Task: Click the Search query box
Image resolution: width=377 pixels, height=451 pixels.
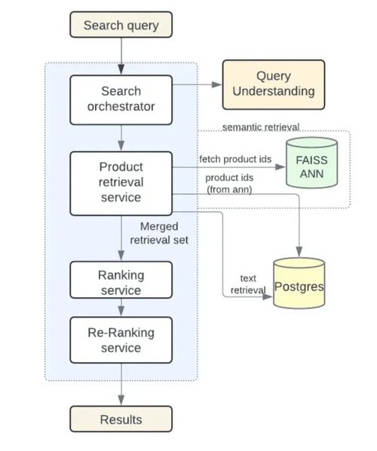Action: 121,25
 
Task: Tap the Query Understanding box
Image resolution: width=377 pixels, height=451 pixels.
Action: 273,84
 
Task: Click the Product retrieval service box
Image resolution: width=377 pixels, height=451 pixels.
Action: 121,183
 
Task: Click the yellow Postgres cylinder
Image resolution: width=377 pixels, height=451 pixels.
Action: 299,284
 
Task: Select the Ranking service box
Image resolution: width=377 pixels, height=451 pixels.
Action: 121,281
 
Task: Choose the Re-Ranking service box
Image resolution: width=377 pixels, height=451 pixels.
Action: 121,339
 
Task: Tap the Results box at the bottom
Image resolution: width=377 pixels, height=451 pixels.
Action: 121,419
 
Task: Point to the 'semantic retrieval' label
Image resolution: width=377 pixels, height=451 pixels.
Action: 260,127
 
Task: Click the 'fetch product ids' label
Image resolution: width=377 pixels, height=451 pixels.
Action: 235,159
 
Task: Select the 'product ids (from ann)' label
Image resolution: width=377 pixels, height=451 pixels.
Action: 230,183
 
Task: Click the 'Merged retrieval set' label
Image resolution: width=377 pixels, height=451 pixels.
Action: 164,233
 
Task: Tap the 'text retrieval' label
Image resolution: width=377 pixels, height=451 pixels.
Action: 244,284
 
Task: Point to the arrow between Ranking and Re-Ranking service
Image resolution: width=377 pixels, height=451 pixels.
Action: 121,308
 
